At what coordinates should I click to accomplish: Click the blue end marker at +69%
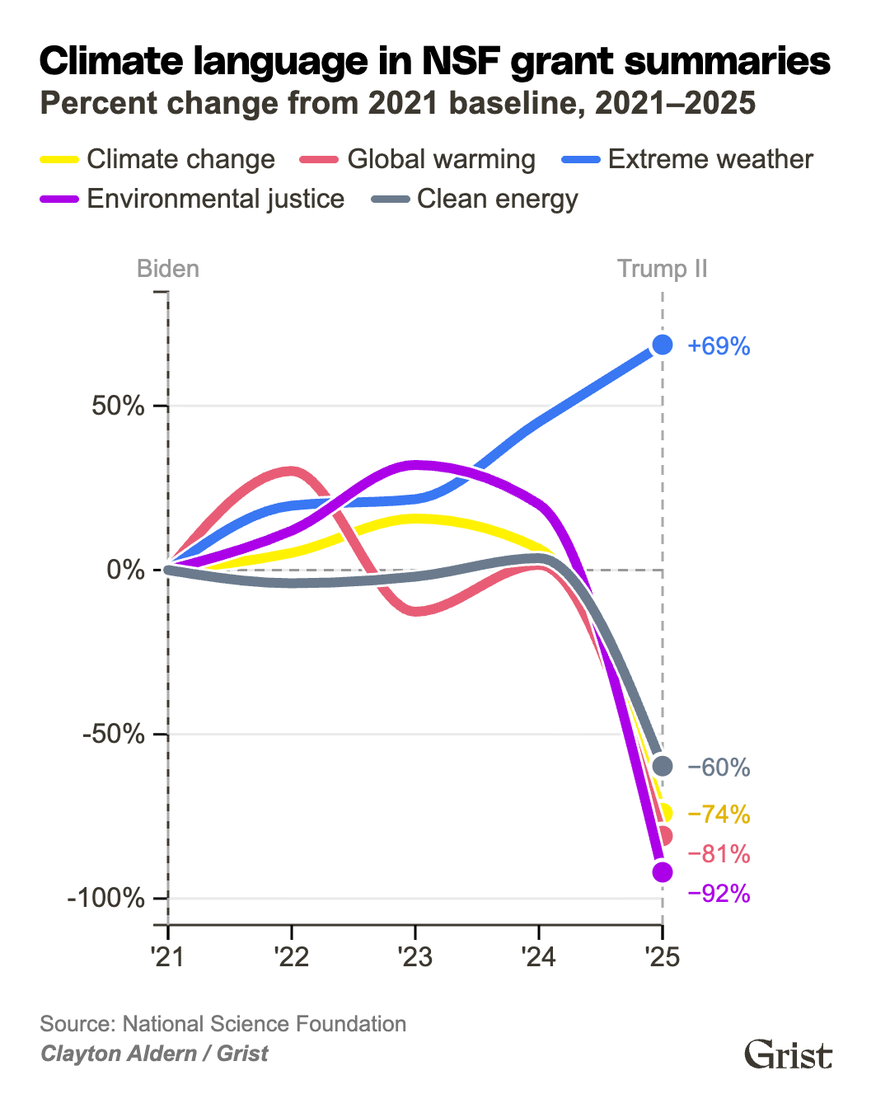point(663,345)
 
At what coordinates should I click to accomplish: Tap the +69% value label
point(719,346)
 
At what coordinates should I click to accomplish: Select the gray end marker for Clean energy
point(663,766)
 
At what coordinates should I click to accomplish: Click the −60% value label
point(719,768)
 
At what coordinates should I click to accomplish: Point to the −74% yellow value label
point(719,815)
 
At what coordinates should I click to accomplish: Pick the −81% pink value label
point(719,854)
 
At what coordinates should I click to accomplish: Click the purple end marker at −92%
point(663,871)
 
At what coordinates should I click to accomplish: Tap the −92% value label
point(719,894)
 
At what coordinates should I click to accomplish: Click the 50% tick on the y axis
point(118,406)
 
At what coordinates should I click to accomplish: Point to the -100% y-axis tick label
point(105,898)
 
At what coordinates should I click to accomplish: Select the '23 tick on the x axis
point(415,957)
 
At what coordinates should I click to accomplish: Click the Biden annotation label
point(167,269)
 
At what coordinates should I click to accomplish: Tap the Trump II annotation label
point(662,269)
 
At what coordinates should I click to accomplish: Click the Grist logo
point(788,1054)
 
